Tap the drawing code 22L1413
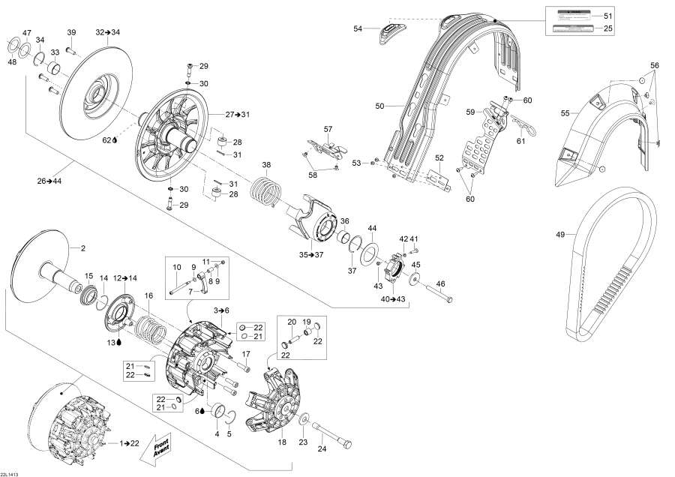[11, 470]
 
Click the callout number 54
[358, 28]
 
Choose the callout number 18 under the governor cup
[282, 442]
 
